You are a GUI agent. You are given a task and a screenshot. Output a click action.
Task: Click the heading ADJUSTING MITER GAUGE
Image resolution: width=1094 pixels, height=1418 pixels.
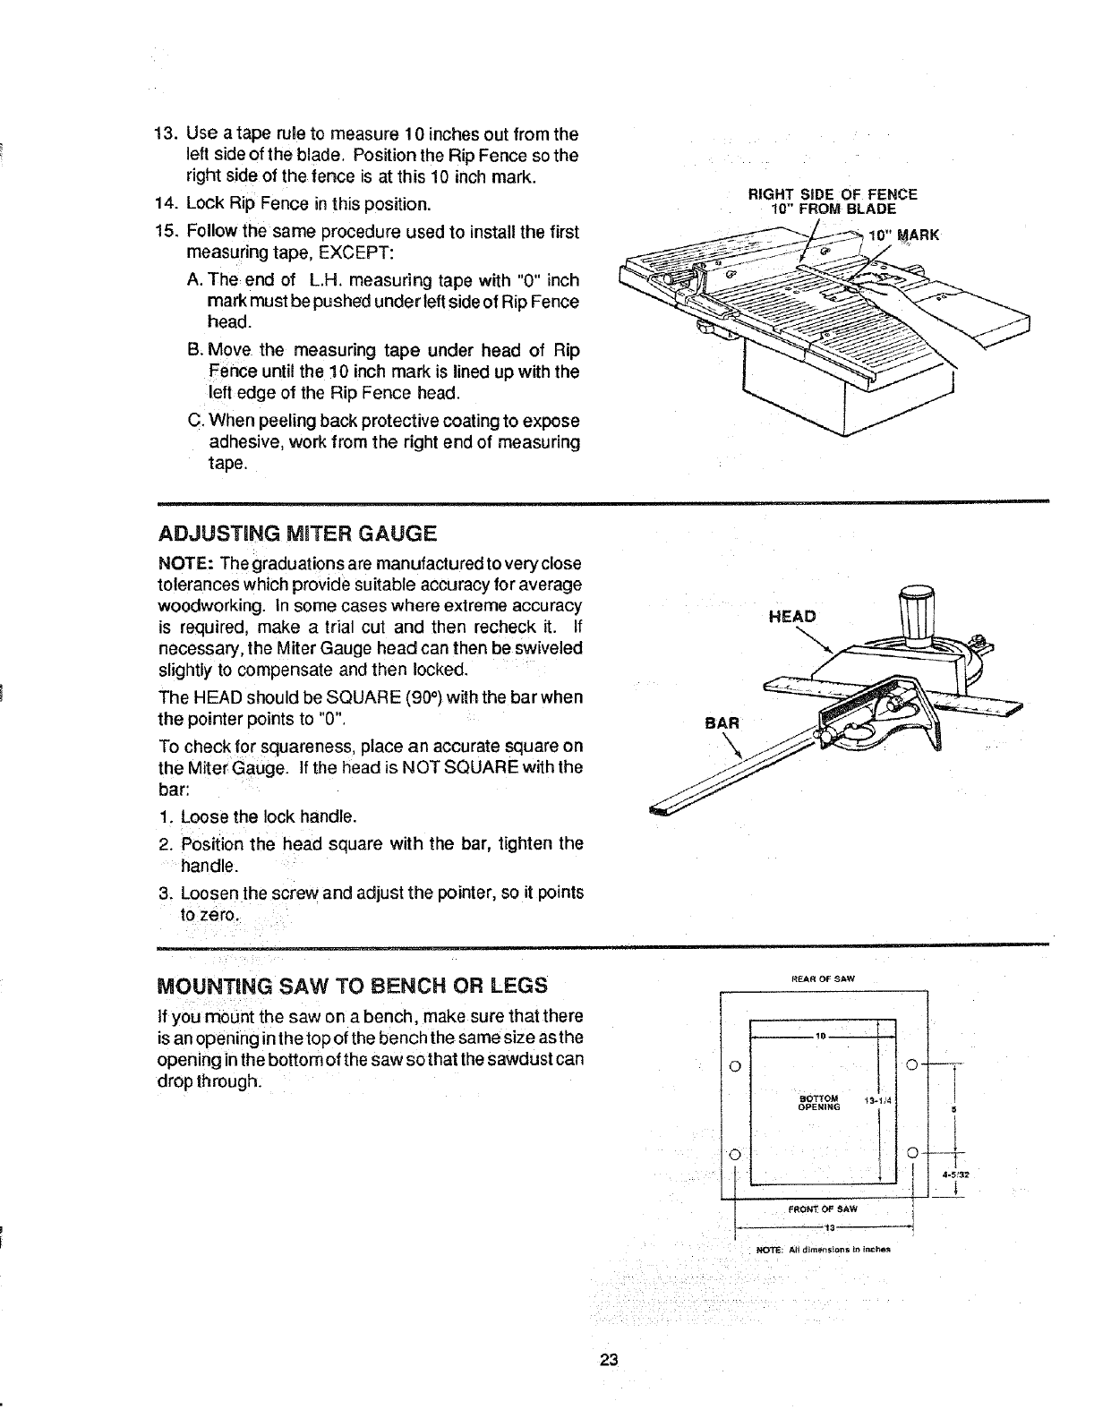click(297, 534)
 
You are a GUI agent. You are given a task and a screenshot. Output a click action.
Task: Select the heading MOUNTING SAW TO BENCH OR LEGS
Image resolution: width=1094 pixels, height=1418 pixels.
click(352, 986)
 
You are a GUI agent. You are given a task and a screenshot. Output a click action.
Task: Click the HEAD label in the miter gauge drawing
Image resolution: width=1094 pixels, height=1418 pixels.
click(792, 616)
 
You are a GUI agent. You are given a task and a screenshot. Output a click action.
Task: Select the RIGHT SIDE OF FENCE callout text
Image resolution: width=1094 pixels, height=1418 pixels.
click(833, 193)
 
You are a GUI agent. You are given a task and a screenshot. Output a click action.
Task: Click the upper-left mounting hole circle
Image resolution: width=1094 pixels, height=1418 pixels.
click(734, 1065)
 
